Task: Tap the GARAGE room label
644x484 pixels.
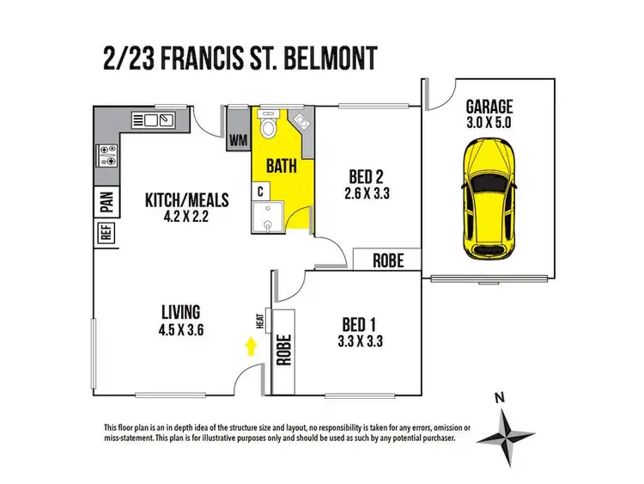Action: click(x=489, y=107)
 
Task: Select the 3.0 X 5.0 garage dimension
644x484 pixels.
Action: click(x=489, y=124)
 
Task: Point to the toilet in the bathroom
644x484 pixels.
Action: click(x=268, y=128)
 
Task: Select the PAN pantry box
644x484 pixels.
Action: click(x=106, y=200)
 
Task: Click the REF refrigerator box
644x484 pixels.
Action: click(x=106, y=233)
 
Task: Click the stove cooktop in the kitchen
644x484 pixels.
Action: click(x=109, y=156)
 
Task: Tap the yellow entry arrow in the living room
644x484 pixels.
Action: click(x=251, y=346)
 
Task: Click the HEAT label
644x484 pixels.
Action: click(x=259, y=321)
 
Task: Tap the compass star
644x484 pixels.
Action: click(x=507, y=438)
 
